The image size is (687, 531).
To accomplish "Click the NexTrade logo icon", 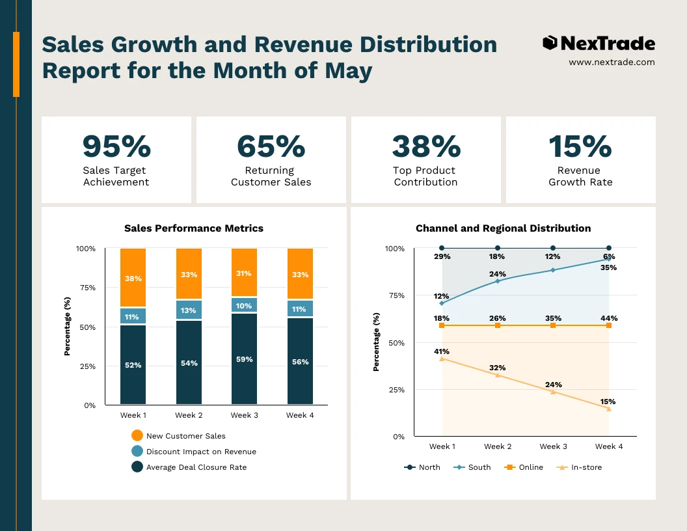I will [x=550, y=44].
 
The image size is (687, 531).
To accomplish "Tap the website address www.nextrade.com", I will [x=612, y=62].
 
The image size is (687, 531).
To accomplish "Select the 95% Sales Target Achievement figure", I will [x=116, y=146].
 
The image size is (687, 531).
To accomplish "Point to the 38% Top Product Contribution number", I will [x=426, y=146].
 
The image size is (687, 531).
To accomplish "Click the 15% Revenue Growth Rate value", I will [x=580, y=146].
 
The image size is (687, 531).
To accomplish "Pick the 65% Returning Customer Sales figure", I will [x=271, y=146].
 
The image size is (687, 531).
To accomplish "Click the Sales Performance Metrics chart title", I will [x=194, y=228].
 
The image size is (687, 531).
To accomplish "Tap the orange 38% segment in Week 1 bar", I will [x=133, y=278].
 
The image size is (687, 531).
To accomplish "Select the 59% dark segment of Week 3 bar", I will [x=244, y=359].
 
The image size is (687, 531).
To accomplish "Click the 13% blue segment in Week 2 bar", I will [x=189, y=310].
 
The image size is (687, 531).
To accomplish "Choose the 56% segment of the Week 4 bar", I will [x=300, y=361].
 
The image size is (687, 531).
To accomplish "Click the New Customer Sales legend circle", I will [x=137, y=436].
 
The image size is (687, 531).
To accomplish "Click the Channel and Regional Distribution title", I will [x=503, y=228].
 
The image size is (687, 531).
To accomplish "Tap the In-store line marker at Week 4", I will [x=609, y=409].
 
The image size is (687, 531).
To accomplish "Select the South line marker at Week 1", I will [x=442, y=303].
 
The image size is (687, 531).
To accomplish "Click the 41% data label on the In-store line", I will [x=442, y=351].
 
